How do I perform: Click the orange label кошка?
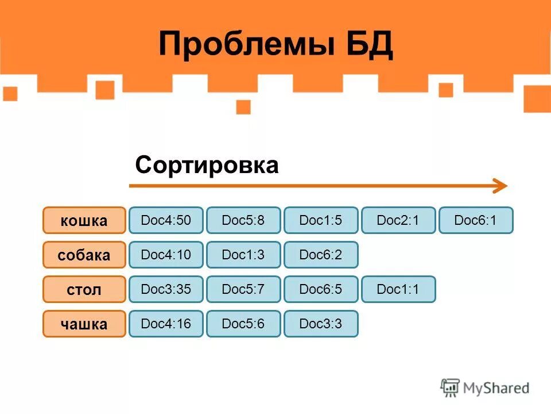coord(84,220)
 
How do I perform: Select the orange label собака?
coord(84,255)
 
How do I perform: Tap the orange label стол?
coord(84,289)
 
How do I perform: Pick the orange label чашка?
coord(84,324)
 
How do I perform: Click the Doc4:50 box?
coord(166,220)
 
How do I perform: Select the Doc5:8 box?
coord(243,220)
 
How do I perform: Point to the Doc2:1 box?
coord(398,220)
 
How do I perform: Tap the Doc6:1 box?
coord(476,220)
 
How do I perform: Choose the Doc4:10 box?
coord(166,255)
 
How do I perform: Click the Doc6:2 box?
coord(321,255)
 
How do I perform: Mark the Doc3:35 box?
coord(166,289)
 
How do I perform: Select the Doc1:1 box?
coord(398,289)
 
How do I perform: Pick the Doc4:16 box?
coord(166,324)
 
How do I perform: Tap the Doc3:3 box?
coord(321,324)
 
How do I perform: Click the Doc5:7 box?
coord(243,289)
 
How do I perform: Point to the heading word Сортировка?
coord(207,166)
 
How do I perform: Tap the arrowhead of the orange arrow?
coord(500,186)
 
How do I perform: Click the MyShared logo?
coord(485,388)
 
